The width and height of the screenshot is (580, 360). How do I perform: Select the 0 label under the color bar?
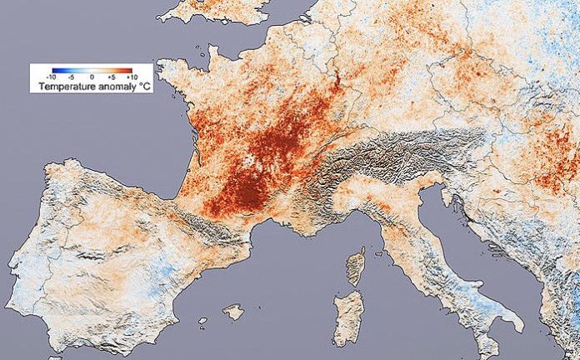pos(92,77)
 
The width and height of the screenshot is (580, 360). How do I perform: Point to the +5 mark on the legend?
pos(110,77)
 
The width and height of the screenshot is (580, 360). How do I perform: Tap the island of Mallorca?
pos(234,312)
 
